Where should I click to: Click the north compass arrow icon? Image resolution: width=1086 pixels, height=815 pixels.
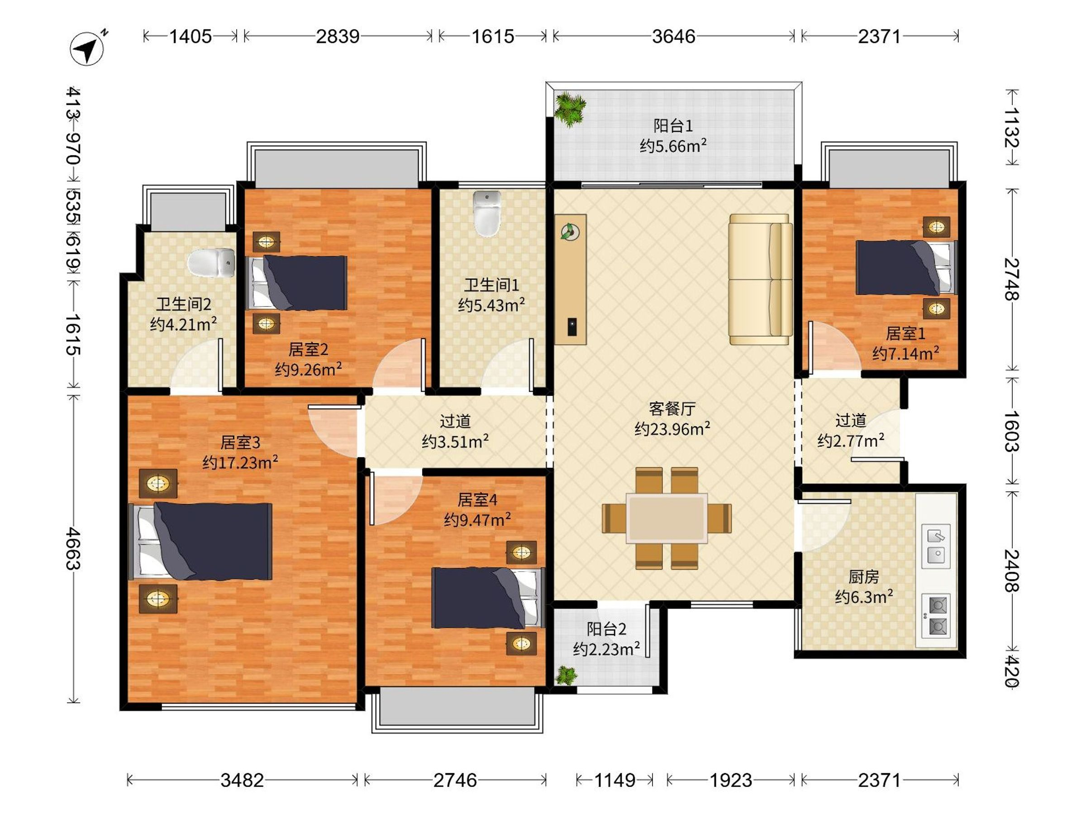87,48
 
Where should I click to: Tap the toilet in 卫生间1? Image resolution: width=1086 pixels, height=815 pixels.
486,214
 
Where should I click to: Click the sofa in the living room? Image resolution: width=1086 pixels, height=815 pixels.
761,279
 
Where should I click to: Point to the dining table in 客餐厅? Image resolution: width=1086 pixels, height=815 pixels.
667,518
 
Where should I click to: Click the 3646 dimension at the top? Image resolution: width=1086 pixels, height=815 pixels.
674,36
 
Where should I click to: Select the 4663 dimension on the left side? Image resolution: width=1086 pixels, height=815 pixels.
73,549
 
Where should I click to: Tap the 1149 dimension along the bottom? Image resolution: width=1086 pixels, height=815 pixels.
614,780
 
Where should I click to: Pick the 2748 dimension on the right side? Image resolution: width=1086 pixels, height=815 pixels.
1012,279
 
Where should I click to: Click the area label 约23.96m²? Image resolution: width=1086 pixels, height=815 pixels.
672,429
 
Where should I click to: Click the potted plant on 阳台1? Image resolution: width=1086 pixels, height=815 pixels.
570,109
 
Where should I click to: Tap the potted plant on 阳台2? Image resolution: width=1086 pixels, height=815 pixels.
566,676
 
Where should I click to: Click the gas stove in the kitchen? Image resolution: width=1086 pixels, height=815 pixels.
936,615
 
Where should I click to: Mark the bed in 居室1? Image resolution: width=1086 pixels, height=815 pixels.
906,267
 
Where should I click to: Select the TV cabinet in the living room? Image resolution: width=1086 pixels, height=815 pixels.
571,279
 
